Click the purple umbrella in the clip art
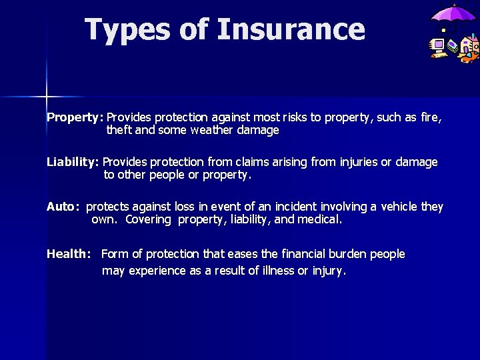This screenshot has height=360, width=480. [453, 15]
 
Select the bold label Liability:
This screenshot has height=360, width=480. [73, 162]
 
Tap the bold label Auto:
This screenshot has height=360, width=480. [64, 207]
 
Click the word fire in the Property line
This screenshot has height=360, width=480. [431, 117]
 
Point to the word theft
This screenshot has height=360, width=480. [119, 131]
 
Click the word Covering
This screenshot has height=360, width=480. [148, 219]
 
